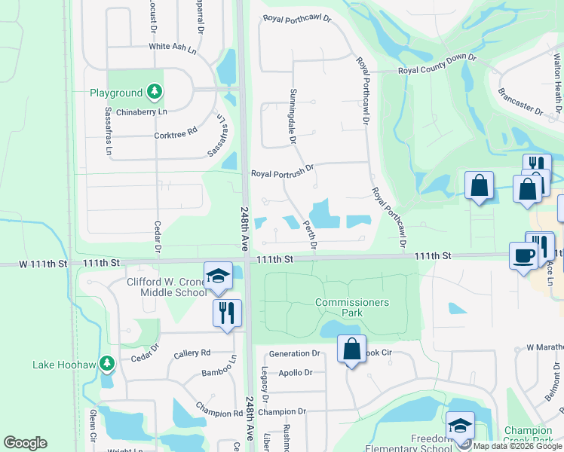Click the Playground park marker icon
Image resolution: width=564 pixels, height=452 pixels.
click(155, 92)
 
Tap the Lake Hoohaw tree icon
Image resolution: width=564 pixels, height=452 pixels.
click(107, 365)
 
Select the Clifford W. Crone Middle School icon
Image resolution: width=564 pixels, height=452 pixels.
click(217, 276)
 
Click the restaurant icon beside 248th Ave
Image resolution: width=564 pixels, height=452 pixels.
click(227, 312)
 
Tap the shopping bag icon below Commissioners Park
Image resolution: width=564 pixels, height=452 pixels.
click(351, 350)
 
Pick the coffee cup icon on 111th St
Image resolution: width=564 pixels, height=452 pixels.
click(523, 256)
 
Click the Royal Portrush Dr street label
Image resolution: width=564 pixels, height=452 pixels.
click(282, 173)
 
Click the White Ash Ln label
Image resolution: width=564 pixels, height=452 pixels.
click(172, 46)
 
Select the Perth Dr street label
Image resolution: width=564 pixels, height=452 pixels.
click(309, 234)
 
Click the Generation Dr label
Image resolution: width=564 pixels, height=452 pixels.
click(295, 353)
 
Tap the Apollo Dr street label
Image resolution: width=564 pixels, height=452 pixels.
click(295, 373)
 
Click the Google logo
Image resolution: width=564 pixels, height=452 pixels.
click(25, 443)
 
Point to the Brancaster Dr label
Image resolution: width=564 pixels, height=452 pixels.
click(520, 101)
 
